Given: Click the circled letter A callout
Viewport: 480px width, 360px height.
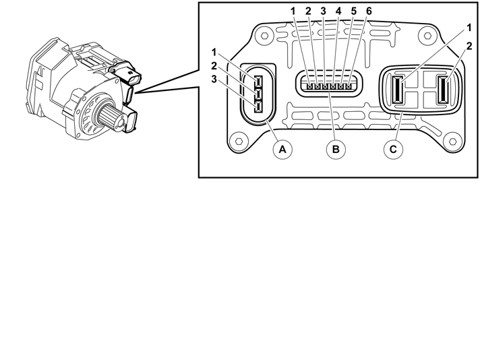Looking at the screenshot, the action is pos(282,150).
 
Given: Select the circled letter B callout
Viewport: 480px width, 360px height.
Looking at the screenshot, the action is pos(336,150).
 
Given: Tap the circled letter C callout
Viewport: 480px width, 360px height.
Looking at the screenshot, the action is pos(393,150).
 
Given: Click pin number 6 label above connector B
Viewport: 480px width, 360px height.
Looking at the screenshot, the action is pos(369,11).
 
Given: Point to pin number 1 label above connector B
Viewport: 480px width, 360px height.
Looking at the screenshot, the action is pos(293,11).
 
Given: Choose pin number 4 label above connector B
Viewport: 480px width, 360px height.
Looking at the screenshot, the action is pos(338,11).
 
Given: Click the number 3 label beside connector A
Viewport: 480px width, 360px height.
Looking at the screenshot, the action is pos(214,80).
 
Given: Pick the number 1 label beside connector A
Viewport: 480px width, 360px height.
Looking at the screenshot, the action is pos(214,53).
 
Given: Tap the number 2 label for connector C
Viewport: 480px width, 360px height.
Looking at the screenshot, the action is pos(469,47).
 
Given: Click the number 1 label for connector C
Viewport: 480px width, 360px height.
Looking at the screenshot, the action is pos(469,28).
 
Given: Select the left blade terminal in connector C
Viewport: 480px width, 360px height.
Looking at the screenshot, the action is pos(398,90).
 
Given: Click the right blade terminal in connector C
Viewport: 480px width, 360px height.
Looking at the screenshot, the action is pos(443,90).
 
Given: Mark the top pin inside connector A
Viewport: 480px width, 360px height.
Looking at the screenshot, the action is pos(258,82).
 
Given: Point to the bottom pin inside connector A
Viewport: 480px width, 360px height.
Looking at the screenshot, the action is pos(258,108).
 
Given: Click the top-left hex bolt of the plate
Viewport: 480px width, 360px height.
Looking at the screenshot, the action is pos(264,36).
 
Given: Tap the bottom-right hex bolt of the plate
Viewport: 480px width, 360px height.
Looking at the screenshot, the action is pos(453,142).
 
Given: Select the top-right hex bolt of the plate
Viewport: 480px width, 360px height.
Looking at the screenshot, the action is pos(427,36).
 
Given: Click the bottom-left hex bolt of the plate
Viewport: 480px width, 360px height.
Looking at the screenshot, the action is pos(239,142).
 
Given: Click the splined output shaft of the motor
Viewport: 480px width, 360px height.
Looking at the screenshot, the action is pos(111,117).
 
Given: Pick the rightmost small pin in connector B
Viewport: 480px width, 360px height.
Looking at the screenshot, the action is pos(349,87).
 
